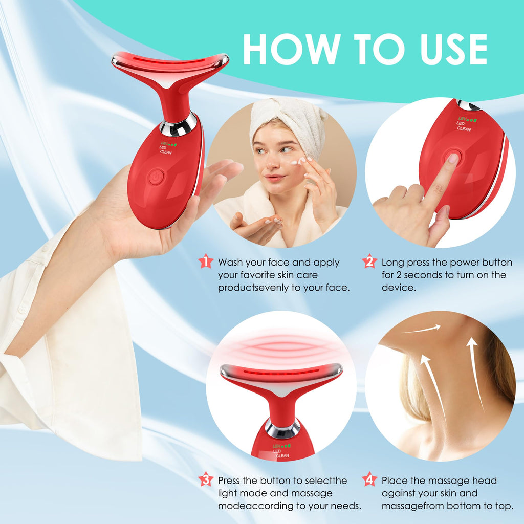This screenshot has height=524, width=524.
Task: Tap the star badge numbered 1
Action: tap(206, 261)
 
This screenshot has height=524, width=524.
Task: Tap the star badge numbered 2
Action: tap(369, 261)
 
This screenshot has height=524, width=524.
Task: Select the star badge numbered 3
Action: tap(206, 479)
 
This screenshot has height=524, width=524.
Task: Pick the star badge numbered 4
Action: tap(369, 479)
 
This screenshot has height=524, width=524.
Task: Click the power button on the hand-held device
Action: tap(156, 177)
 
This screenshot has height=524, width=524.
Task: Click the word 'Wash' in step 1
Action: tap(230, 263)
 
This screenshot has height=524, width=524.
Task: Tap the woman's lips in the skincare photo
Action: tap(274, 178)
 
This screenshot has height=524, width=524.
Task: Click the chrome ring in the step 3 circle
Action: tap(282, 429)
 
